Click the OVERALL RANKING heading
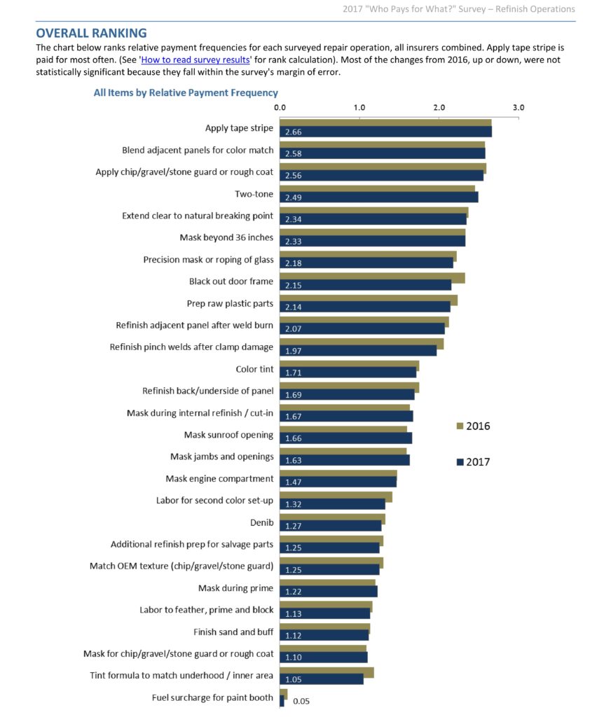pyautogui.click(x=92, y=33)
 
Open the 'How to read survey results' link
pyautogui.click(x=195, y=60)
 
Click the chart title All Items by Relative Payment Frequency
pyautogui.click(x=186, y=93)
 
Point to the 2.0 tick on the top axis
pyautogui.click(x=439, y=107)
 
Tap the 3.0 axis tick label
pyautogui.click(x=519, y=107)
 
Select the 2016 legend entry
pyautogui.click(x=473, y=426)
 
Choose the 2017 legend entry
pyautogui.click(x=473, y=462)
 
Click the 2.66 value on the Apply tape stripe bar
pyautogui.click(x=294, y=132)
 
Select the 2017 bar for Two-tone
pyautogui.click(x=379, y=197)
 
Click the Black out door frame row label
pyautogui.click(x=231, y=281)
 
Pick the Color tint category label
pyautogui.click(x=254, y=369)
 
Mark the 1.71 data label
pyautogui.click(x=294, y=373)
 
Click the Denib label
pyautogui.click(x=262, y=522)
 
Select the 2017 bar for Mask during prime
pyautogui.click(x=329, y=591)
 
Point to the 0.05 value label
pyautogui.click(x=301, y=701)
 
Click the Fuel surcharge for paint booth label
pyautogui.click(x=212, y=697)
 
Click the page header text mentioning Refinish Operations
pyautogui.click(x=459, y=8)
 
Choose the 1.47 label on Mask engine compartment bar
pyautogui.click(x=294, y=482)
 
